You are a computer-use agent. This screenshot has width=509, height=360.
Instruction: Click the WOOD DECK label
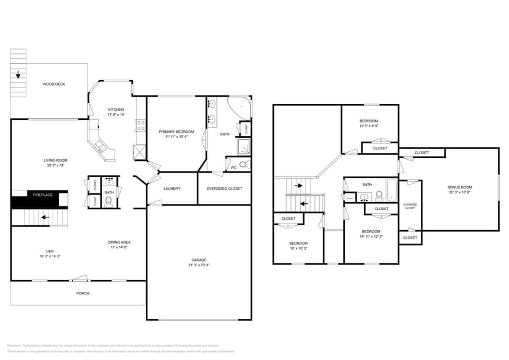(x=54, y=84)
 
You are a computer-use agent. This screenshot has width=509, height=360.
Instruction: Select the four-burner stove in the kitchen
(x=140, y=126)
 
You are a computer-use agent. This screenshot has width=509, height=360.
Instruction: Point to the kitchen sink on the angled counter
(x=100, y=147)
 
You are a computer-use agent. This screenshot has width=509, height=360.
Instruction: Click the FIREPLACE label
(x=42, y=195)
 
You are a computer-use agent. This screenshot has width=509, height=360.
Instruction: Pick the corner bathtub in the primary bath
(x=240, y=108)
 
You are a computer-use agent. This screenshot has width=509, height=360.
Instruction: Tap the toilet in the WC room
(x=243, y=165)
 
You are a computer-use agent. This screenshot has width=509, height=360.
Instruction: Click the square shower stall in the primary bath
(x=243, y=146)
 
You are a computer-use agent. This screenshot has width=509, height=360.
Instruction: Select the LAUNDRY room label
(x=172, y=189)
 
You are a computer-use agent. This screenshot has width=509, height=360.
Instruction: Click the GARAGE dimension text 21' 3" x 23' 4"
(x=199, y=265)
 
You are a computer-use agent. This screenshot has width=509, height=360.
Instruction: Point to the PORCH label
(x=83, y=293)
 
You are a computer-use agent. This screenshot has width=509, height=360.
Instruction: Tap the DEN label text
(x=50, y=250)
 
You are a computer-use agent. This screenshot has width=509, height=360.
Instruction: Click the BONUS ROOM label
(x=460, y=187)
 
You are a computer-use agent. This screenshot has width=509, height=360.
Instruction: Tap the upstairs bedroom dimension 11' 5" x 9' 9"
(x=369, y=126)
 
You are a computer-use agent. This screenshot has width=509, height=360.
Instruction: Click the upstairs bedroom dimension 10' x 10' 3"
(x=298, y=249)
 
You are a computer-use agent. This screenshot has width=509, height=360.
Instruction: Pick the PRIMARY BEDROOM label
(x=176, y=132)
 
